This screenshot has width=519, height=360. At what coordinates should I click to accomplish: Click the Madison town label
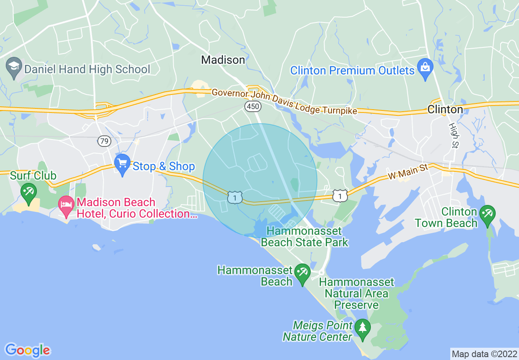[x=223, y=60]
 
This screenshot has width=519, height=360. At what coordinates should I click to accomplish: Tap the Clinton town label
[x=445, y=110]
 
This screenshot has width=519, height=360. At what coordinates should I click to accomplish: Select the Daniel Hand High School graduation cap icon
[x=14, y=66]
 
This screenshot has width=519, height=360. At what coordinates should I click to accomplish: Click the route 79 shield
[x=104, y=142]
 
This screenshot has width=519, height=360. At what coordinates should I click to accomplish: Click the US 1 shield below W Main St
[x=340, y=196]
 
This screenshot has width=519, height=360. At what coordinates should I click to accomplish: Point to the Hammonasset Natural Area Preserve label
[x=356, y=293]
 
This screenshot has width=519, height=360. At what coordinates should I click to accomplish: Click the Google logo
[x=27, y=350]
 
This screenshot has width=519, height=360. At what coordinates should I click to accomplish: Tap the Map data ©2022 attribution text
[x=484, y=354]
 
